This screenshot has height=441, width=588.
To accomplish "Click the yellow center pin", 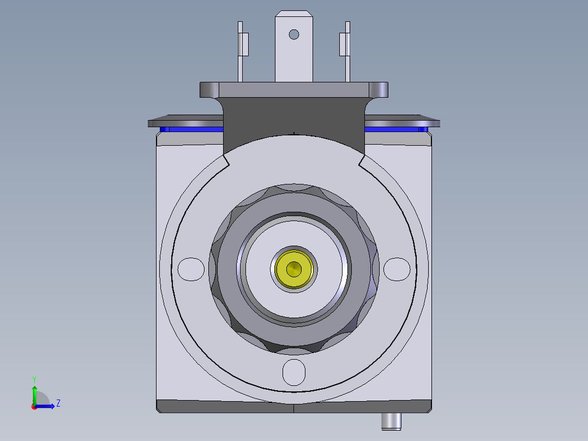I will [x=294, y=269].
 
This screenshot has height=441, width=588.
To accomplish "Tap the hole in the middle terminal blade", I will [x=294, y=34].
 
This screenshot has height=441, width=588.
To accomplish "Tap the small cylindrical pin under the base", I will [x=391, y=421].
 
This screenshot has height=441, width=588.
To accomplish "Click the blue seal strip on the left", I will [x=191, y=129].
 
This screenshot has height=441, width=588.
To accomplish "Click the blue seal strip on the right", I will [x=395, y=129].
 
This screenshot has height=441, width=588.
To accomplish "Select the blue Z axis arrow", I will [x=48, y=406].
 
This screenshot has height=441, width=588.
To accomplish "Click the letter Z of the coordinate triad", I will [x=58, y=403].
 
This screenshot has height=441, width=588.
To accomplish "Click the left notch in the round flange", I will [x=225, y=160].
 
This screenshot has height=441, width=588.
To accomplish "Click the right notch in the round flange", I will [x=362, y=160].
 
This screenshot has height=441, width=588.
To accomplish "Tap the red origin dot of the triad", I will [x=34, y=407].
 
